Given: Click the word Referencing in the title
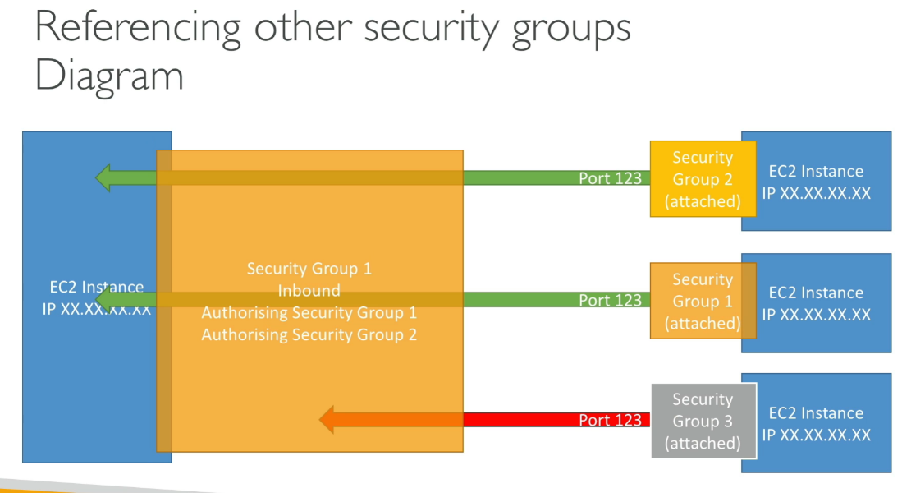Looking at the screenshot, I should coord(138,27).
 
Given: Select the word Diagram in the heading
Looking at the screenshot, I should coord(109,76).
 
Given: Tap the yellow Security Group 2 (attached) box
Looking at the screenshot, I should coord(702,179).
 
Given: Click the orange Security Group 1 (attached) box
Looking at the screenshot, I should coord(702,301).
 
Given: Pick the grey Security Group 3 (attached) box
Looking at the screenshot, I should coord(702,422).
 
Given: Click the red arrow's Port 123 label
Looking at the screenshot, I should coord(610,420).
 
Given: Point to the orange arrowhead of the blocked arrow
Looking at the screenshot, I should coord(327,420).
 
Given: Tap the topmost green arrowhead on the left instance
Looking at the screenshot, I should coord(103,177).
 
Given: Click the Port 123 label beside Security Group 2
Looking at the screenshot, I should coord(610,177).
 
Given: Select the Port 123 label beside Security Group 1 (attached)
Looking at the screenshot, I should coord(610,300).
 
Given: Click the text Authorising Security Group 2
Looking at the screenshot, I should coord(309,334).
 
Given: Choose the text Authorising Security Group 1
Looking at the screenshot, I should coord(309,313).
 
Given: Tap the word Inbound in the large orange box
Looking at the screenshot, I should coord(309,291).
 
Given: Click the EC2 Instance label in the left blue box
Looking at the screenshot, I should coord(96,288).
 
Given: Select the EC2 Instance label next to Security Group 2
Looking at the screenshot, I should coord(815,172).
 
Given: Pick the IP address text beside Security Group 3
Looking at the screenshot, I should coord(815,435).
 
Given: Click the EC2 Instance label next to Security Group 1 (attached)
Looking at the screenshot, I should coord(815,293).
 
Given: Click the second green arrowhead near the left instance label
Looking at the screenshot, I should coord(105,300).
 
